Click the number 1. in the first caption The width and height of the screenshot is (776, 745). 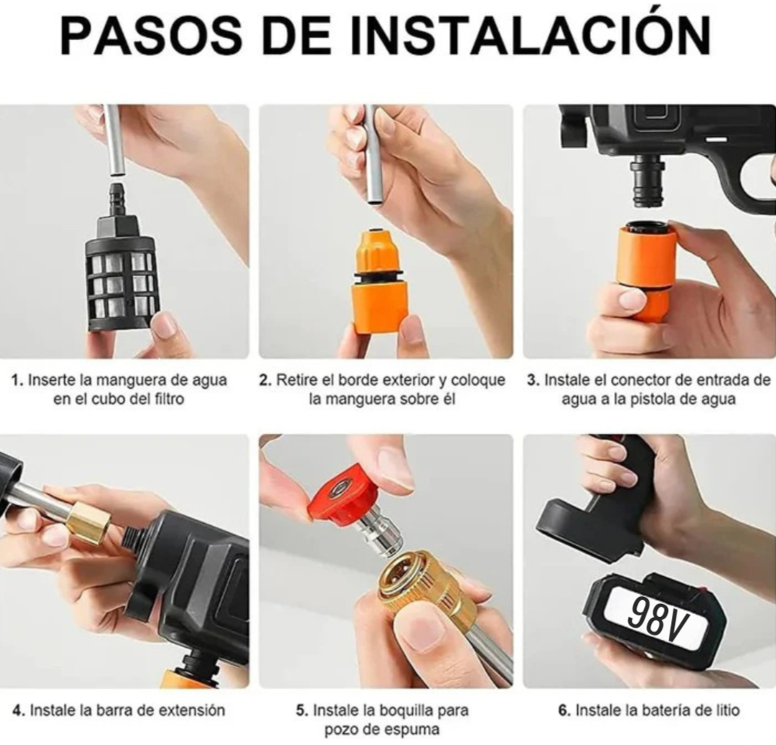click(17, 380)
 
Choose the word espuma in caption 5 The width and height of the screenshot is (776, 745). click(414, 730)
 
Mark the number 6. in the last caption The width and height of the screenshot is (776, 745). click(564, 710)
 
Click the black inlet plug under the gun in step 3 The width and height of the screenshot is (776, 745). click(649, 184)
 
